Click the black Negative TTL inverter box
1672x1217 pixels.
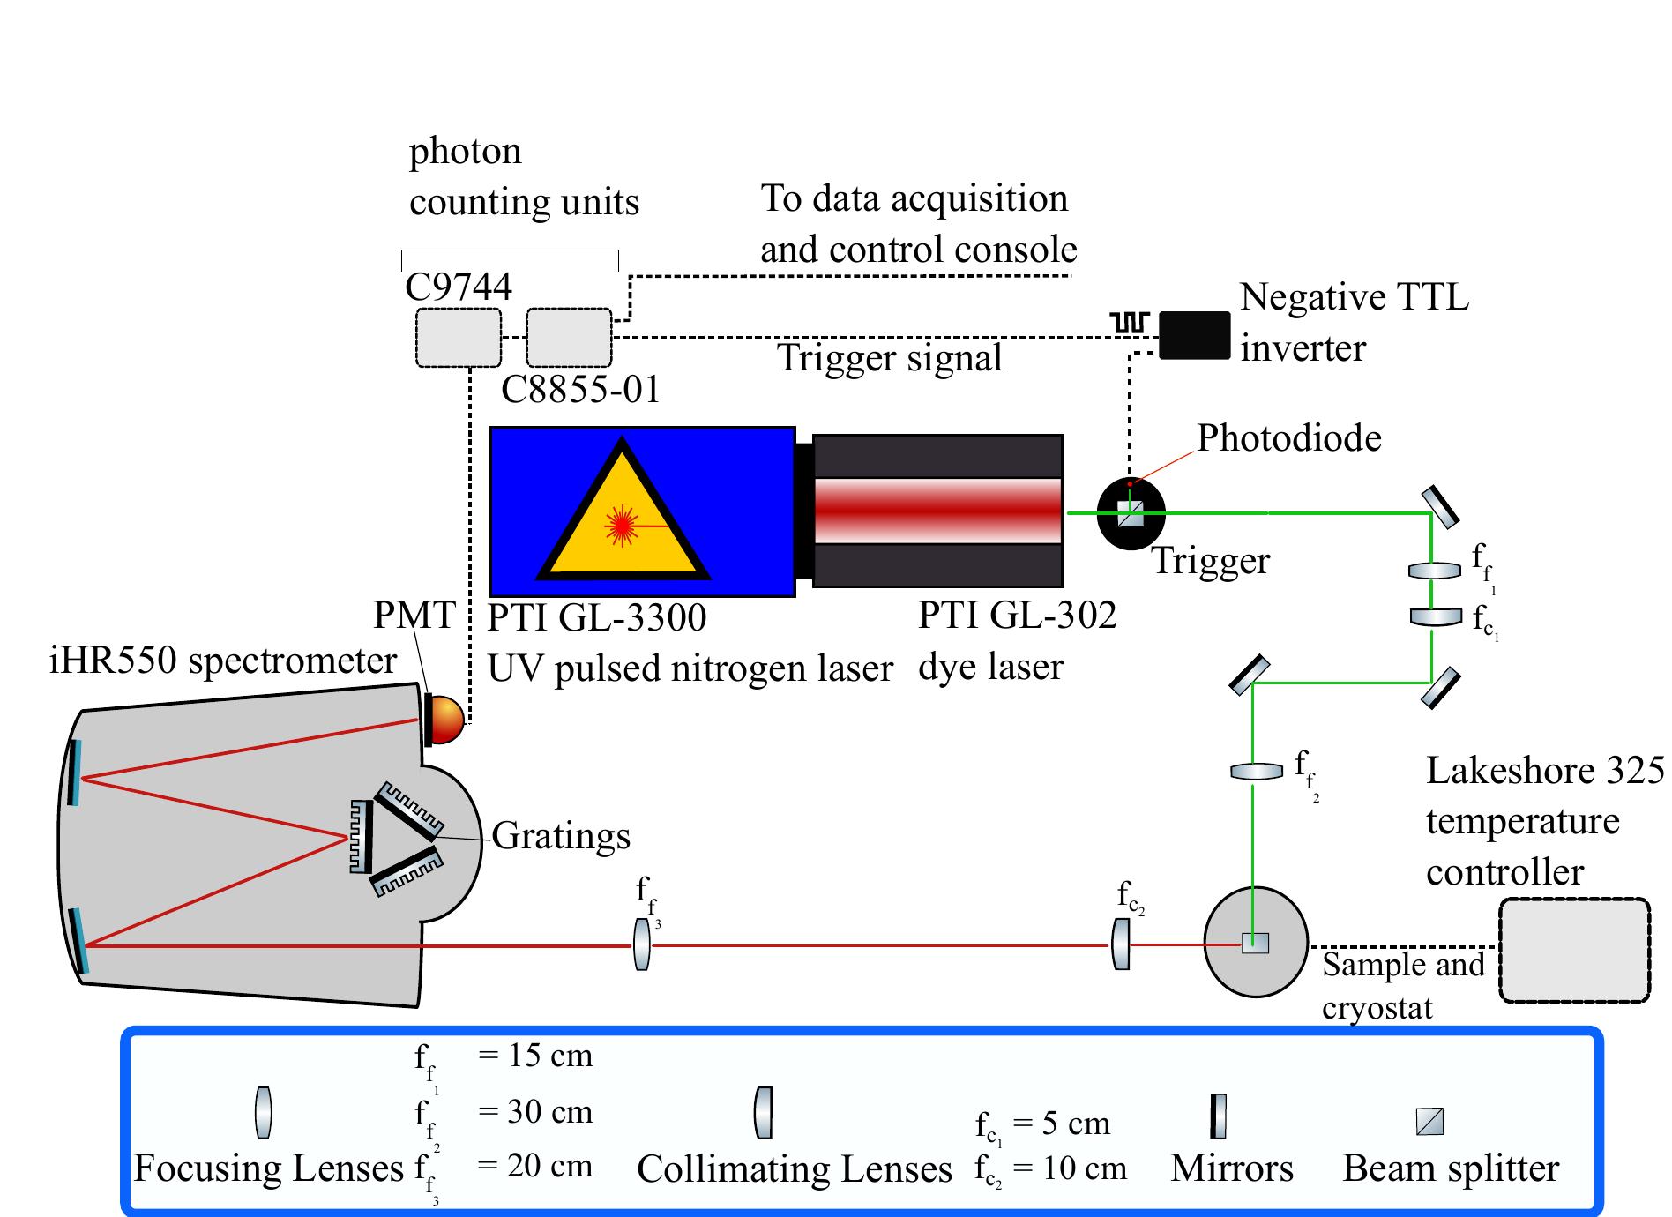pos(1194,335)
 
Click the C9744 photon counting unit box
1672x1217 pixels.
pos(459,337)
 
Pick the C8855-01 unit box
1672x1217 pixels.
pos(569,337)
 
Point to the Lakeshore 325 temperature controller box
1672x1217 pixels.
pos(1574,950)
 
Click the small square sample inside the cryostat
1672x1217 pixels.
pos(1255,943)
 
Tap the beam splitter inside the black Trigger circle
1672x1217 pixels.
pos(1131,513)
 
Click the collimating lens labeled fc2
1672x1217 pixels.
pos(1121,944)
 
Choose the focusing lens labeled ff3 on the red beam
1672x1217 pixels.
pos(642,944)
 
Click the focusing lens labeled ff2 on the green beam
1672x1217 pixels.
pos(1257,772)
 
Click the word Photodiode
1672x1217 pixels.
pos(1288,438)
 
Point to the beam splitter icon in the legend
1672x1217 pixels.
pos(1429,1122)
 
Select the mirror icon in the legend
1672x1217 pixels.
pos(1218,1116)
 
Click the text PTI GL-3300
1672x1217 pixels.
pos(597,617)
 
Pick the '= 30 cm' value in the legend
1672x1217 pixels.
pos(535,1111)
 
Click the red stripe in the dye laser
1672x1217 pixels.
pos(937,511)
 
